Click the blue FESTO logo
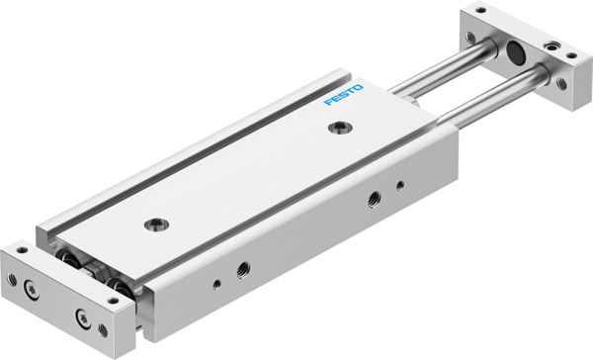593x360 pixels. click(343, 95)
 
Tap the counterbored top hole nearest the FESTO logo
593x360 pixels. click(340, 128)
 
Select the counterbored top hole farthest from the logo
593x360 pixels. click(156, 225)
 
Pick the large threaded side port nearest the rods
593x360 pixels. click(374, 199)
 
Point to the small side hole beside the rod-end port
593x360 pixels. click(400, 185)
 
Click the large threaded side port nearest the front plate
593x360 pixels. click(243, 270)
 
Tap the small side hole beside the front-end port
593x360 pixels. click(216, 284)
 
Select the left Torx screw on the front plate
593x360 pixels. click(31, 290)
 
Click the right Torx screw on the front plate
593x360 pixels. click(83, 318)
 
